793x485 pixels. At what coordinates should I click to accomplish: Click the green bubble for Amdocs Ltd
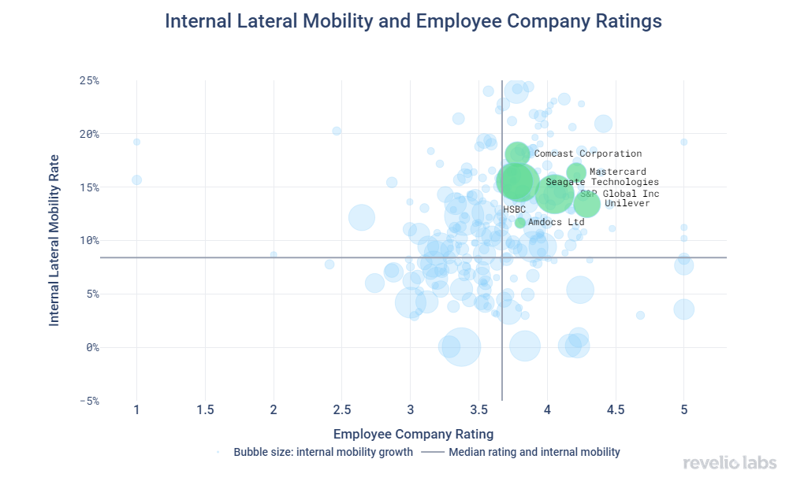click(520, 223)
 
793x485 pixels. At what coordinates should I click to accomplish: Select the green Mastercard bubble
click(576, 172)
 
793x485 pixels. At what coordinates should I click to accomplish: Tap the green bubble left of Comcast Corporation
click(518, 154)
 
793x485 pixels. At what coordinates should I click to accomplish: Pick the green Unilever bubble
click(587, 204)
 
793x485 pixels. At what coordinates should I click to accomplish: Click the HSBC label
click(514, 210)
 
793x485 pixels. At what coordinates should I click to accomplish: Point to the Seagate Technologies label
click(602, 182)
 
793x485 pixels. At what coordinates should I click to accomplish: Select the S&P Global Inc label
click(620, 194)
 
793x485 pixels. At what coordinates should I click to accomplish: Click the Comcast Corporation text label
click(588, 154)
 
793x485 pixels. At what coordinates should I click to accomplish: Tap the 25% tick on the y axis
click(88, 80)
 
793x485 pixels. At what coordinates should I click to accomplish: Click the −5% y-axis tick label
click(88, 401)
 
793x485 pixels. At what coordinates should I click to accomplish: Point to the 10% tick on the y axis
click(88, 240)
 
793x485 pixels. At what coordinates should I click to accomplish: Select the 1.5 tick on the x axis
click(205, 409)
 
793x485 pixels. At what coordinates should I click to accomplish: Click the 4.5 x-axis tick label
click(616, 409)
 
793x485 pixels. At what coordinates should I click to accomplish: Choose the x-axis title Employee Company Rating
click(413, 434)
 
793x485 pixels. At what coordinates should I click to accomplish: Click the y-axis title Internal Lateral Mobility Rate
click(54, 240)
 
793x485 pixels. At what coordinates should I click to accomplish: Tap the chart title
click(413, 22)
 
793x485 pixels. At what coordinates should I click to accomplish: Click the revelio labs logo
click(730, 462)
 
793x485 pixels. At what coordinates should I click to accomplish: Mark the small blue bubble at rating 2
click(274, 254)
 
